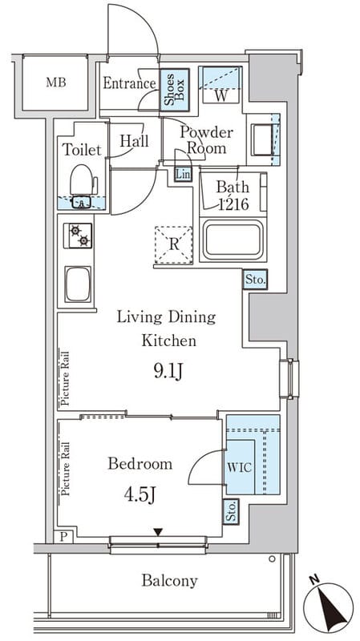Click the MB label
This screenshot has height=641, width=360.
pos(56,83)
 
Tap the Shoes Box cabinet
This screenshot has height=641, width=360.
pos(174,90)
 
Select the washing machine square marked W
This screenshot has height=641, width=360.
pos(220,85)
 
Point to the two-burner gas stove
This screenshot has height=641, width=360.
pos(78,236)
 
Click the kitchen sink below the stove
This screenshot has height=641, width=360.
pos(78,284)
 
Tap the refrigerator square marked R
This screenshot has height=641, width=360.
pos(173,245)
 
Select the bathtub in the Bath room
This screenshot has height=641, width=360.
pos(233,240)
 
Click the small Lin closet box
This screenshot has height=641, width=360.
pos(183,175)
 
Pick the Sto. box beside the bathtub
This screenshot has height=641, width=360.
pos(255,280)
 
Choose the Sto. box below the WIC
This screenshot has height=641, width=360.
pos(231,510)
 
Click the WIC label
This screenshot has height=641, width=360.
pos(239,468)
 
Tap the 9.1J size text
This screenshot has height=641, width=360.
pos(168,373)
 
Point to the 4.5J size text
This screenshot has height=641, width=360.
pos(140,495)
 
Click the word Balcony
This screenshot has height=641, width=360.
pos(169,580)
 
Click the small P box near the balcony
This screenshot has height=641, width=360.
pos(63,537)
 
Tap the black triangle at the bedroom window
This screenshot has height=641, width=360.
pos(158,532)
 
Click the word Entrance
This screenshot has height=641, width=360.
pos(129,83)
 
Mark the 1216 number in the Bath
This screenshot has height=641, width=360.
pos(233,204)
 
